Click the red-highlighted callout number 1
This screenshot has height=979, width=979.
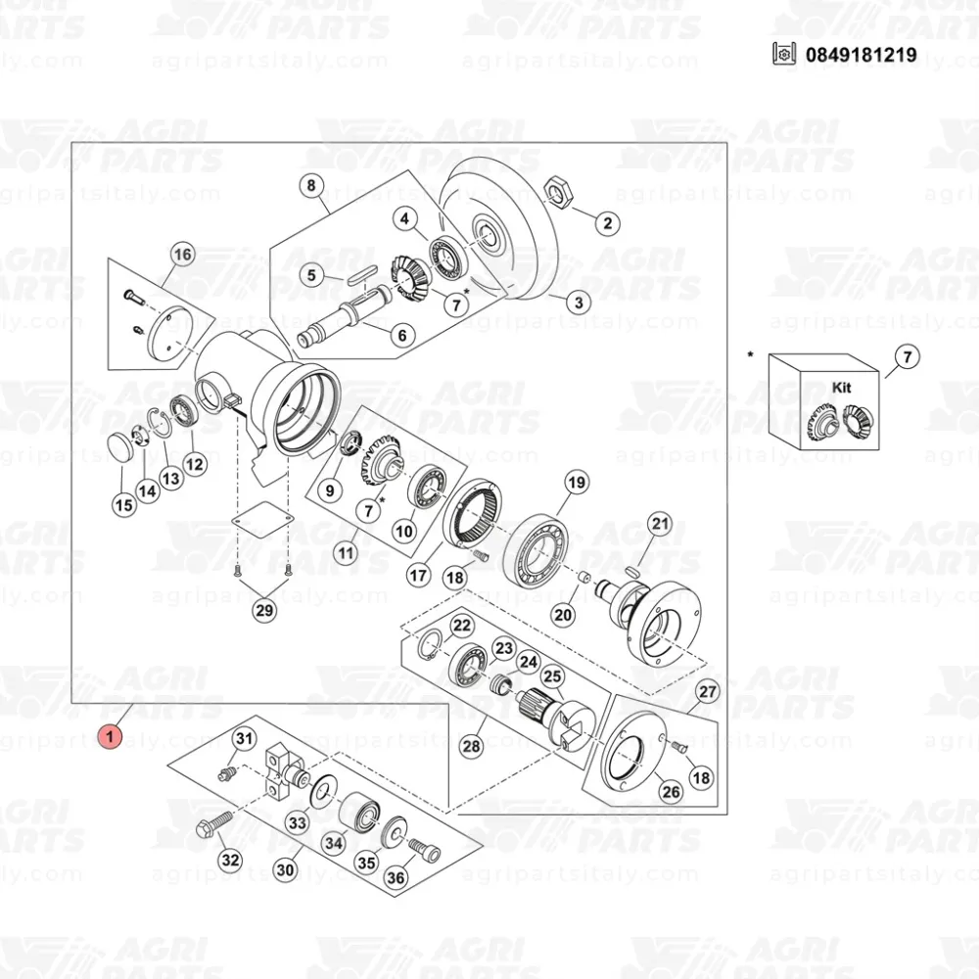click(110, 736)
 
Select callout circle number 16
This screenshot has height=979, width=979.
click(182, 255)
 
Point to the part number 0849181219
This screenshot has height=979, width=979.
click(861, 55)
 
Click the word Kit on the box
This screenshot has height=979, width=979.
click(841, 387)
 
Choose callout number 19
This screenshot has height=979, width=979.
click(577, 482)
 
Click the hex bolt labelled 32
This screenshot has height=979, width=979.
click(213, 823)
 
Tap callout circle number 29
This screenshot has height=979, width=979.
click(264, 609)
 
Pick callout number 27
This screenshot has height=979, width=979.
click(708, 691)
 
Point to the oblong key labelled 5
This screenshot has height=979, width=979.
click(363, 275)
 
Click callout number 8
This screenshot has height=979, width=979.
click(311, 185)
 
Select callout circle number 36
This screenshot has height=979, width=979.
click(396, 877)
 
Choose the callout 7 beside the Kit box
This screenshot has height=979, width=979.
click(908, 357)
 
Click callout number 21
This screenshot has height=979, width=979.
click(660, 523)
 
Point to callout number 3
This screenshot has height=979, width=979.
click(579, 303)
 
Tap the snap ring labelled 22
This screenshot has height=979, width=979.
click(430, 645)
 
